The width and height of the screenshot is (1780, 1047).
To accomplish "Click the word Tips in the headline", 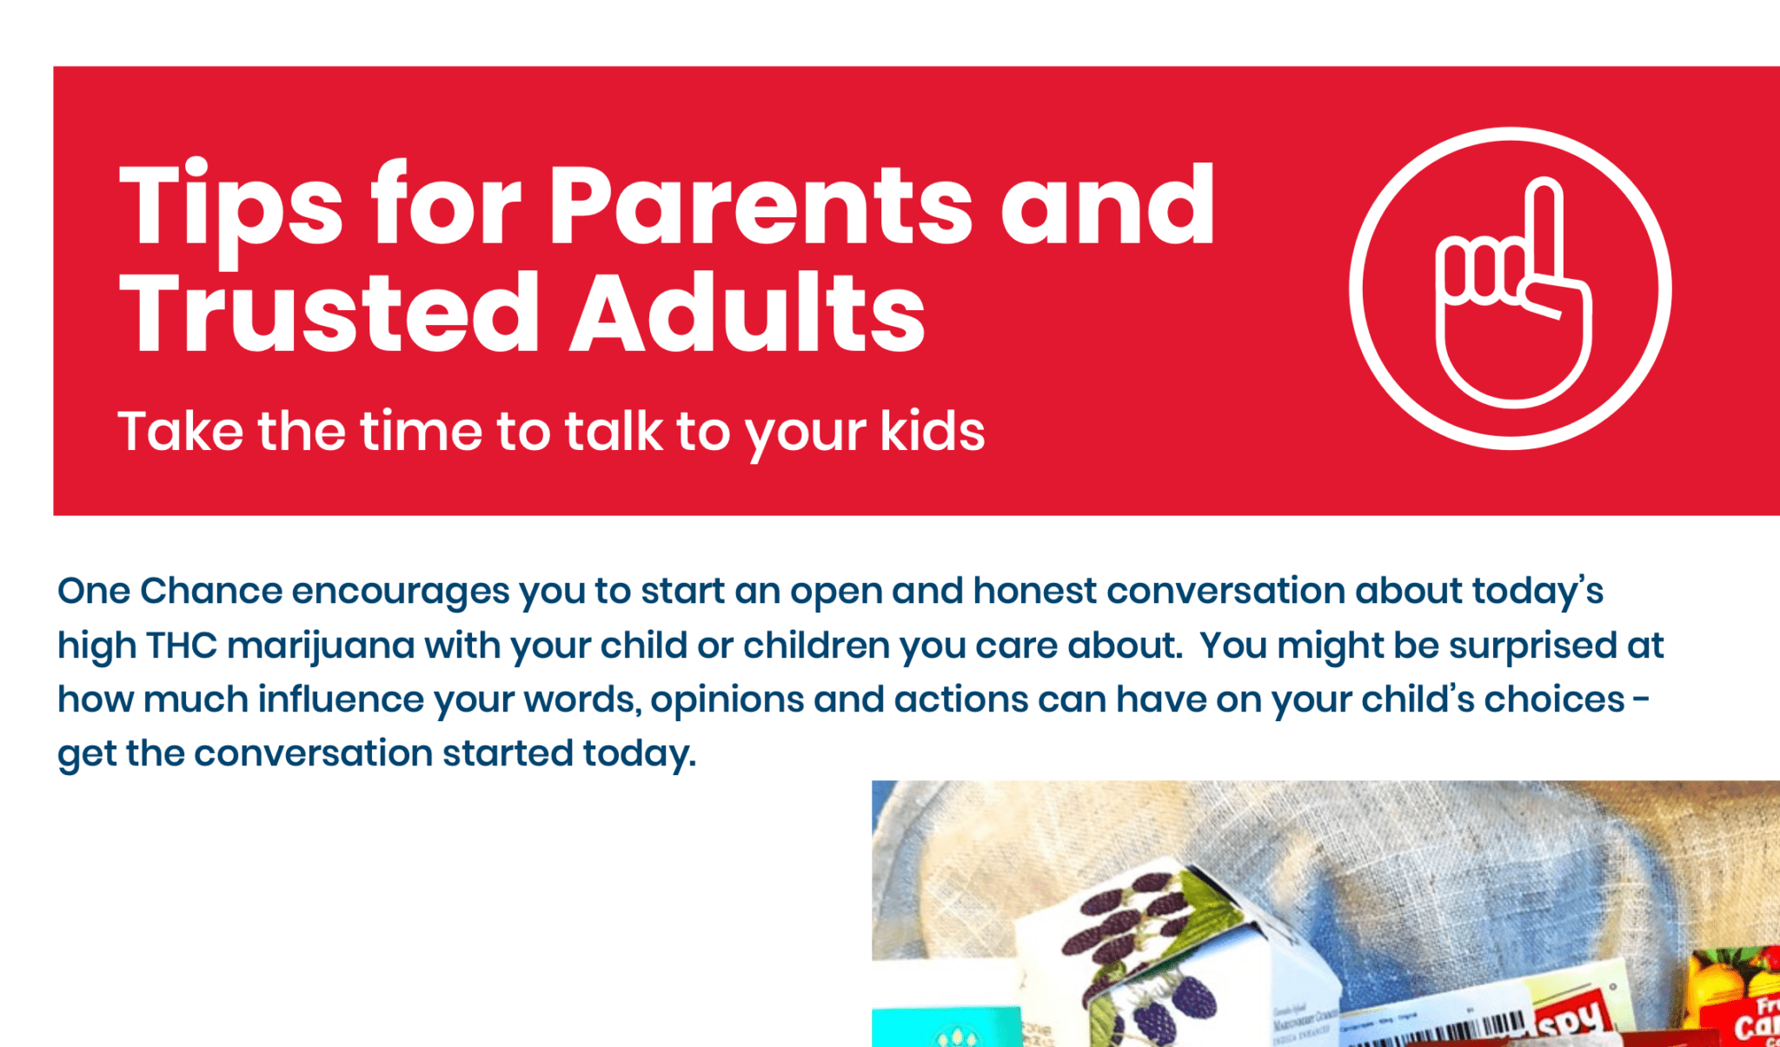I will (x=229, y=207).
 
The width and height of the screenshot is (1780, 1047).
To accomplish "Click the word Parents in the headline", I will (x=760, y=207).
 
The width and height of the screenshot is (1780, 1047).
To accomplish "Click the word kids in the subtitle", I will (x=932, y=431).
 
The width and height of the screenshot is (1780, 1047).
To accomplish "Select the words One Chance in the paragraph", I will (x=169, y=592).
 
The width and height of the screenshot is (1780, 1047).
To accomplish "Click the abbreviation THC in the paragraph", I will (x=181, y=646).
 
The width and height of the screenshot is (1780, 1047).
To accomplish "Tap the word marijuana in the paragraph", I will (x=321, y=646).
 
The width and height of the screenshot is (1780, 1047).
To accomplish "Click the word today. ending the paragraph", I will (x=639, y=754).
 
